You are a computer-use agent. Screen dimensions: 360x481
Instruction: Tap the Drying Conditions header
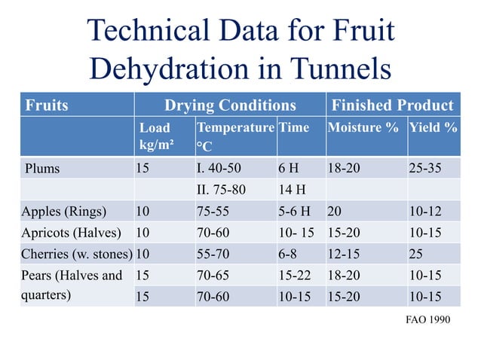pyautogui.click(x=230, y=105)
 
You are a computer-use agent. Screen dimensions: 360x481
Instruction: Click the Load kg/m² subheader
pyautogui.click(x=155, y=135)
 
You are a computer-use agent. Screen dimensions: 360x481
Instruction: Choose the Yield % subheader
pyautogui.click(x=433, y=127)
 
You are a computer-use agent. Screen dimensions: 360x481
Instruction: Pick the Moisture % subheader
pyautogui.click(x=363, y=127)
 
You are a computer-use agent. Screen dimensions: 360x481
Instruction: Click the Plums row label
pyautogui.click(x=42, y=168)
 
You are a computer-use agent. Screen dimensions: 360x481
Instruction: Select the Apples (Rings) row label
pyautogui.click(x=64, y=211)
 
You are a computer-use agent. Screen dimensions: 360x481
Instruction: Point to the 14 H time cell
pyautogui.click(x=290, y=190)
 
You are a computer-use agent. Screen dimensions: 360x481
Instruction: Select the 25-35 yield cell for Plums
pyautogui.click(x=424, y=168)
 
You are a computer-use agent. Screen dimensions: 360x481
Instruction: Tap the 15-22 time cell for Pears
pyautogui.click(x=294, y=275)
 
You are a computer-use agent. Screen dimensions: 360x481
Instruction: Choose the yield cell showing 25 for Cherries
pyautogui.click(x=415, y=253)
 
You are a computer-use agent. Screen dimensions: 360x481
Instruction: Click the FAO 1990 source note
pyautogui.click(x=427, y=320)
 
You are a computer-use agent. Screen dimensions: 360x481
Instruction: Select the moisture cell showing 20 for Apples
pyautogui.click(x=335, y=211)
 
